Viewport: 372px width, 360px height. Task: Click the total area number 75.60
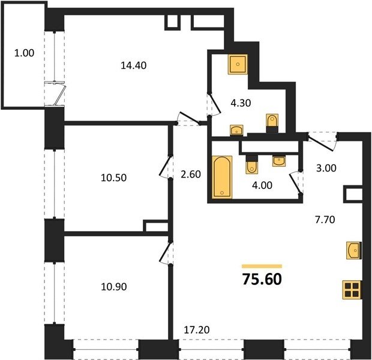coord(262,279)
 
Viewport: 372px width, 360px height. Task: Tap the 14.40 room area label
coord(134,65)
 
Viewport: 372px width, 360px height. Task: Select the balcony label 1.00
coord(24,53)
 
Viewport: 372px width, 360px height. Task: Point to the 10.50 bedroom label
coord(113,178)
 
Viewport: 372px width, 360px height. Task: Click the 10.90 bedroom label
coord(114,287)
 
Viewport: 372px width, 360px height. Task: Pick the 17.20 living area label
coord(197,329)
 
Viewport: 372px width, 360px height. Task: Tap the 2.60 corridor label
coord(191,175)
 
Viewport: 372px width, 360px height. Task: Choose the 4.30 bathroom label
coord(241,103)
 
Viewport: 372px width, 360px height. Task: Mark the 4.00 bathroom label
coord(262,185)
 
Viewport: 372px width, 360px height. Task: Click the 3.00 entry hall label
coord(326,168)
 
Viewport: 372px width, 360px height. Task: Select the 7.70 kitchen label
coord(325,220)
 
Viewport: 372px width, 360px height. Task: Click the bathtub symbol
coord(222,177)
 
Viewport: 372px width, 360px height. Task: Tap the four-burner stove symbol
coord(352,290)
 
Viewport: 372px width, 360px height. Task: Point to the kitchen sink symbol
coord(354,251)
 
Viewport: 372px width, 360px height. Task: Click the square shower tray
coord(238,64)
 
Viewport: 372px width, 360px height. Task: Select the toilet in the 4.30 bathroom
coord(272,123)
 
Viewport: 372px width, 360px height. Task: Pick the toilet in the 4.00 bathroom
coord(252,164)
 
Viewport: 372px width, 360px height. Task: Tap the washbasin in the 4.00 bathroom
coord(279,161)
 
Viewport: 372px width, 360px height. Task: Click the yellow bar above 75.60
coord(262,266)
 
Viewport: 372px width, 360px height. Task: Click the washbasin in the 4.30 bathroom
coord(236,130)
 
